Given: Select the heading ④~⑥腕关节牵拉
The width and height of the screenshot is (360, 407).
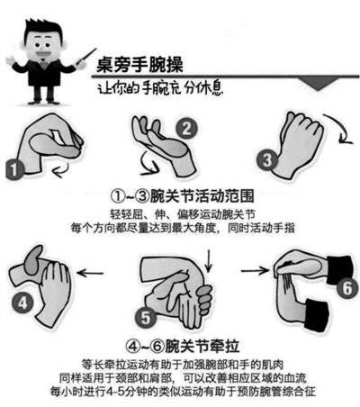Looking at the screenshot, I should [x=180, y=343].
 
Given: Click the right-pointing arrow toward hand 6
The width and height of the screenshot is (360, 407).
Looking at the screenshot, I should [x=261, y=268].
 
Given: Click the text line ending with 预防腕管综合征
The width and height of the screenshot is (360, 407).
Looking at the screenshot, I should [x=180, y=393].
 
